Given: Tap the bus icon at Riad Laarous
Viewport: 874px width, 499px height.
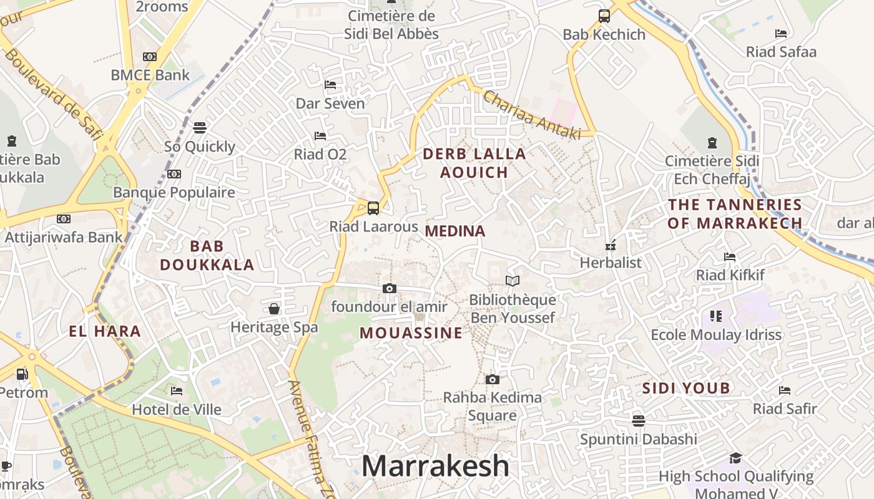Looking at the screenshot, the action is point(373,208).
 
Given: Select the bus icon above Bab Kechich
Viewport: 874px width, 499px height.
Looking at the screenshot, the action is point(604,16).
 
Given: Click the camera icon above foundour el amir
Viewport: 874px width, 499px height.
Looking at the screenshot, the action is point(390,288).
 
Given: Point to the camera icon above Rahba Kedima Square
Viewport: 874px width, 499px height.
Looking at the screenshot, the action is point(493,379).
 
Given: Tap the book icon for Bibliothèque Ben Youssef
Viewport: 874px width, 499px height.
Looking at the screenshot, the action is point(513,281).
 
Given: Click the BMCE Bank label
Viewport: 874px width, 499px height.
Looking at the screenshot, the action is point(150,75).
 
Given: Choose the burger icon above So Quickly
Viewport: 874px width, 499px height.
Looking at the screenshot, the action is point(200,128).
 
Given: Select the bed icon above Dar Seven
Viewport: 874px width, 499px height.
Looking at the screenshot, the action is point(330,85).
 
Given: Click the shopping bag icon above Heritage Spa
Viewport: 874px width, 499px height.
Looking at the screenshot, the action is point(274,309).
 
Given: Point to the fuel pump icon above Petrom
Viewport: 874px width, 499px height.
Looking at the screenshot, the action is point(22,374).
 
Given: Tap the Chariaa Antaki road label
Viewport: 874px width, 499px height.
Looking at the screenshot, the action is point(531,115).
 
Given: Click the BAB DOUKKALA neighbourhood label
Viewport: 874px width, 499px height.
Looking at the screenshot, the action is point(207,255).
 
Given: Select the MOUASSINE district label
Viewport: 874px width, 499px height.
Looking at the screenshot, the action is point(411,333).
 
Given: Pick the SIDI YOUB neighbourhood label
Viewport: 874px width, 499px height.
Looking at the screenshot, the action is point(686,389).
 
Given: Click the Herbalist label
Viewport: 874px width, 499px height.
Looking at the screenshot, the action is point(611,263).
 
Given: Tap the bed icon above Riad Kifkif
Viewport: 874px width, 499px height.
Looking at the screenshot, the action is point(730,257).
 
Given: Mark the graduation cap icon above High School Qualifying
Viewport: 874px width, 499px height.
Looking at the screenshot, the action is point(735,458).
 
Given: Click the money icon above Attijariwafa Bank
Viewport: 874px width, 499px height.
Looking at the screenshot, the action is point(64,219).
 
